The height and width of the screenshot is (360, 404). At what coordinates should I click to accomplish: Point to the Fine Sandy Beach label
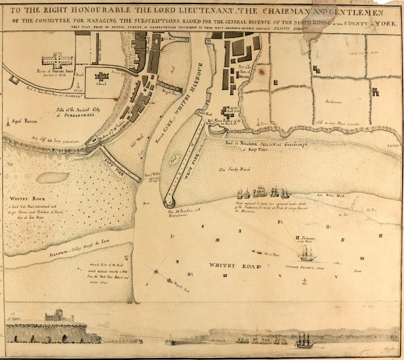coord(232,168)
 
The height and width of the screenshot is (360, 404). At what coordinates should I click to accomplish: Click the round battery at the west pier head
coord(168,203)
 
